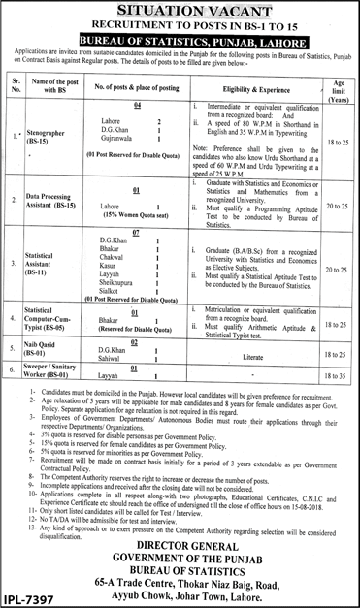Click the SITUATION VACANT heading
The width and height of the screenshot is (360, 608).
[x=180, y=11]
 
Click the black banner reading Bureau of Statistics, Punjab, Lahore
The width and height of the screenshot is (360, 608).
[x=180, y=45]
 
